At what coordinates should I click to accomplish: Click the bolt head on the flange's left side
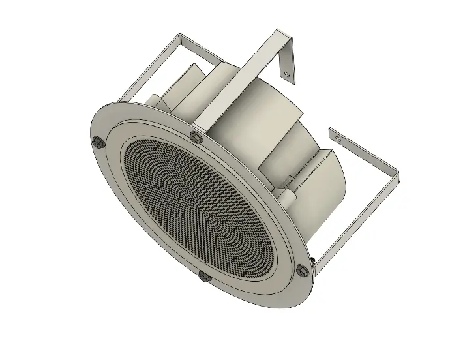pos(97,143)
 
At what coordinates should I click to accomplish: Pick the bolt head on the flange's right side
pos(301,269)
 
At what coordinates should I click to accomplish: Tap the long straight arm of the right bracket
pos(355,215)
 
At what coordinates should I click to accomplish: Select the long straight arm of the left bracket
pos(147,69)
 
